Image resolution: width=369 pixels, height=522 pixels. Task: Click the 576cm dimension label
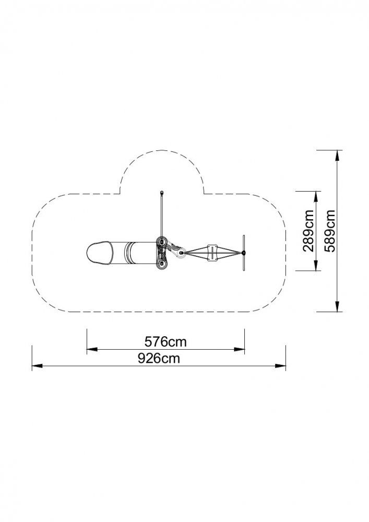click(x=165, y=341)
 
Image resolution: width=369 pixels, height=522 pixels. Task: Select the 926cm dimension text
click(x=159, y=358)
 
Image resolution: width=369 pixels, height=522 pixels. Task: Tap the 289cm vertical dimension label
click(x=308, y=230)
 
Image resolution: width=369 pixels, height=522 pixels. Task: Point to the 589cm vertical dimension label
click(x=330, y=230)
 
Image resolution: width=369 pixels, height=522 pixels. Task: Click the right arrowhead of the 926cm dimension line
click(x=280, y=366)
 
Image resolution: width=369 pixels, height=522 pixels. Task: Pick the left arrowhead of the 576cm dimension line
click(x=92, y=350)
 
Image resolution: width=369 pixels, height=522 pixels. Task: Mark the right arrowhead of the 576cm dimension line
click(x=239, y=349)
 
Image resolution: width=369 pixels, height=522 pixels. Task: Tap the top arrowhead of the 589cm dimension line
click(x=337, y=155)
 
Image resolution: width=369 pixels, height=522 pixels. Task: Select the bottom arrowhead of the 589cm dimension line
click(x=337, y=306)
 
